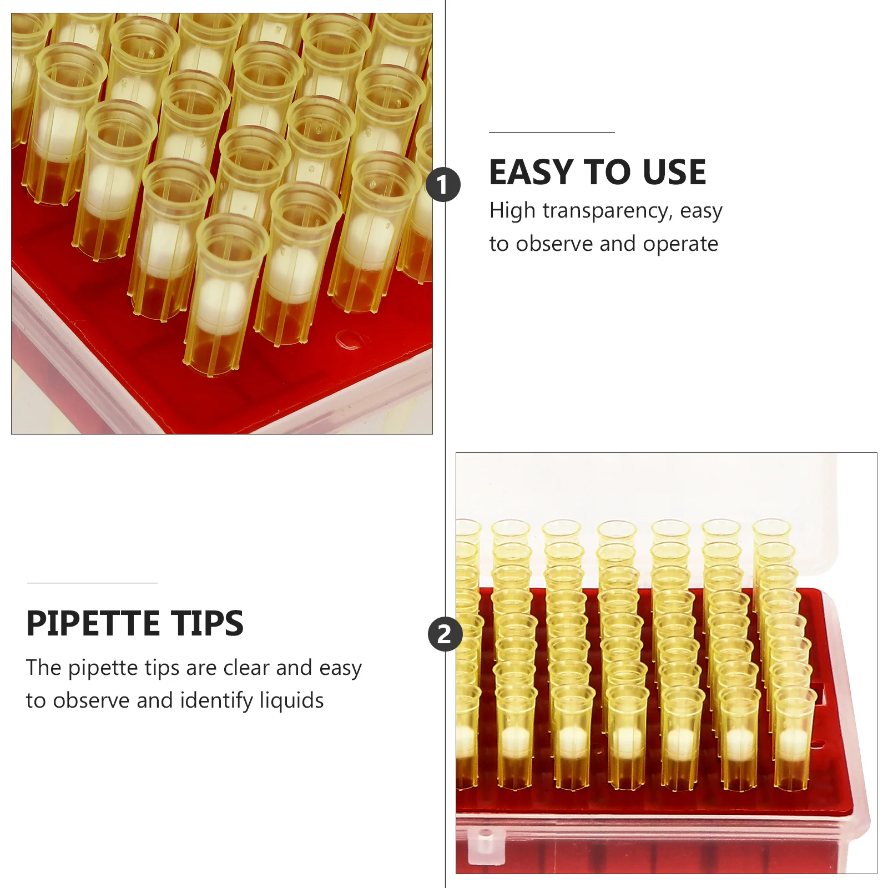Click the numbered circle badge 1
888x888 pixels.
coord(443,185)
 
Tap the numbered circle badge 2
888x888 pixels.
coord(445,634)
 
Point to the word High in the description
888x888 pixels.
coord(512,211)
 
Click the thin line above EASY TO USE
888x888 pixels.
coord(552,133)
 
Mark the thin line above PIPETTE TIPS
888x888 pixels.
coord(92,583)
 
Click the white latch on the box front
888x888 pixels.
coord(485,842)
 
